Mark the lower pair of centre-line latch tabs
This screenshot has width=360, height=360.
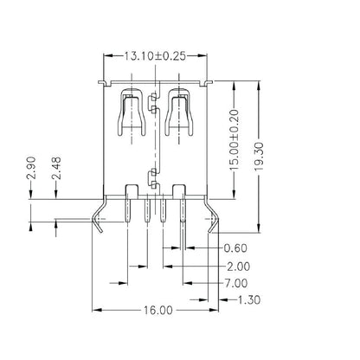pos(153,177)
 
